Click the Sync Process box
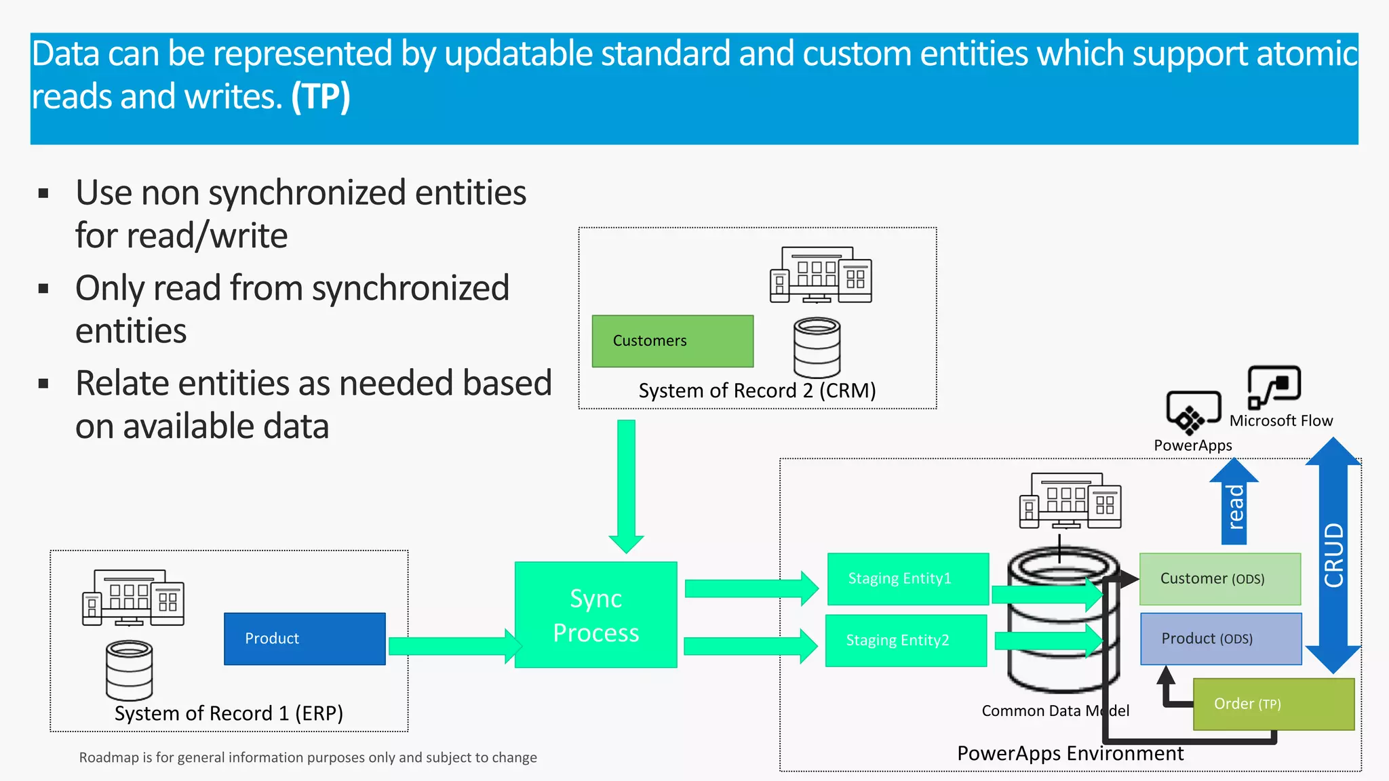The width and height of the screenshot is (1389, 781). tap(595, 615)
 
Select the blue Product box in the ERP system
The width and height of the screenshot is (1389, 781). tap(305, 639)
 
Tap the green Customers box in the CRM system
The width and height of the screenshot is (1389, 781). tap(672, 341)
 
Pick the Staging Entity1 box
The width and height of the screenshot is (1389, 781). tap(907, 579)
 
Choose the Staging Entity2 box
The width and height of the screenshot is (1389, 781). tap(905, 641)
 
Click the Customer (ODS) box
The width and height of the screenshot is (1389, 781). tap(1219, 579)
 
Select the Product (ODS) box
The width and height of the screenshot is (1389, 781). tap(1220, 639)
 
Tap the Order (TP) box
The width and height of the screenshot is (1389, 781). tap(1273, 704)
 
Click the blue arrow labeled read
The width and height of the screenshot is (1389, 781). tap(1234, 505)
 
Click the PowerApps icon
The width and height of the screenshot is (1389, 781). tap(1192, 412)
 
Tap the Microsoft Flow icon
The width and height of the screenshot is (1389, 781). tap(1274, 386)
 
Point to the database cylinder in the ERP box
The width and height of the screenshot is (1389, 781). tap(129, 670)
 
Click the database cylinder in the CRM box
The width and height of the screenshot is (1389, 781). tap(817, 347)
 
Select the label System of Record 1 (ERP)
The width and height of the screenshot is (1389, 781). tap(229, 713)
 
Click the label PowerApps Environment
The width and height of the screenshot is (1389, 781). tap(1070, 753)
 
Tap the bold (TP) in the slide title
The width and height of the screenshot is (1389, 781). tap(320, 96)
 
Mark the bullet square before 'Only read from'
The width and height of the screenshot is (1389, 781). tap(44, 289)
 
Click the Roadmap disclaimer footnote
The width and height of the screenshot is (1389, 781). tap(308, 757)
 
